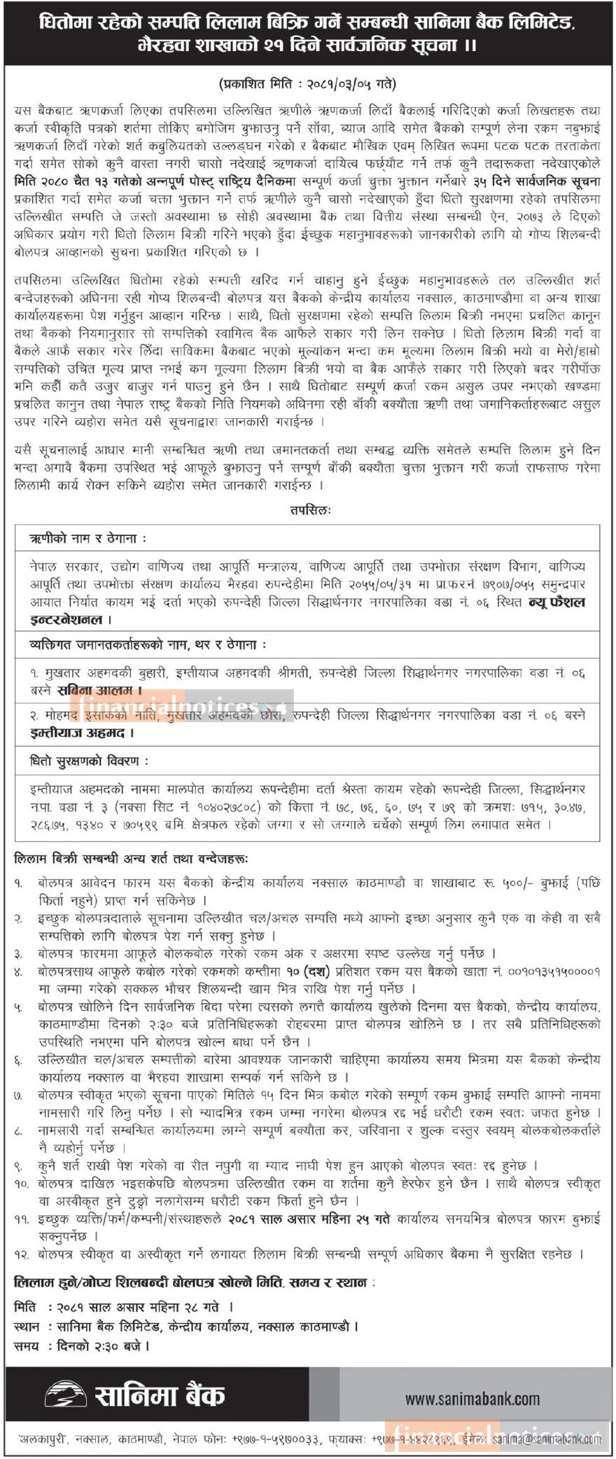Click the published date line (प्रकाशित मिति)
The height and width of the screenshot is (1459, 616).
(307, 83)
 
